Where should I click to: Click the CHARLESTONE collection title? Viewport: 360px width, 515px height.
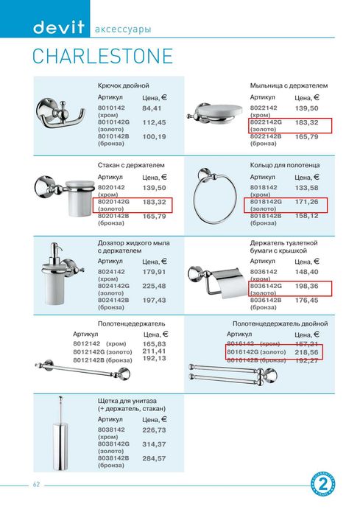tap(102, 57)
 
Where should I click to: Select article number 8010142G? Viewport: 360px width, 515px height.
tap(113, 122)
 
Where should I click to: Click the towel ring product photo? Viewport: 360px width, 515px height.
tap(214, 199)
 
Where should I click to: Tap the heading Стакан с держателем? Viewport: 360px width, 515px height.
tap(131, 166)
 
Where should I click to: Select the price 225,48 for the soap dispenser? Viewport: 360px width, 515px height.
tap(154, 286)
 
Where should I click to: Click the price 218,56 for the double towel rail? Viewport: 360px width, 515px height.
tap(308, 353)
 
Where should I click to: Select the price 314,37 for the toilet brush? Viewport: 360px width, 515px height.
tap(154, 444)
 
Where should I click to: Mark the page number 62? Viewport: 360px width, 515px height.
tap(35, 484)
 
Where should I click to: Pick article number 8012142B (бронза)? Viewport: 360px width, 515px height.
tap(102, 360)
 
